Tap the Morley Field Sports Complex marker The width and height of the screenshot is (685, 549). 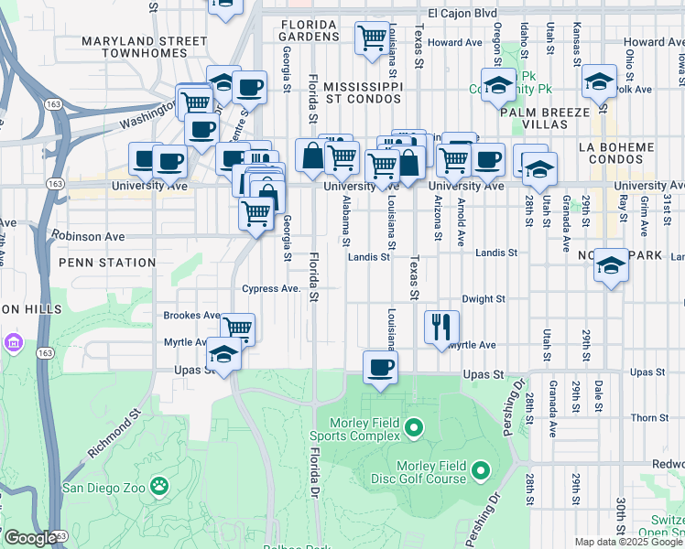(414, 427)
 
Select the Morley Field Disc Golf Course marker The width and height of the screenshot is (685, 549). (480, 471)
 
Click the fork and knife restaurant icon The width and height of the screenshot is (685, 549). (442, 326)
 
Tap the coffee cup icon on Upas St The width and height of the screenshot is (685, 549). (380, 367)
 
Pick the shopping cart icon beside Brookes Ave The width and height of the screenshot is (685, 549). (237, 328)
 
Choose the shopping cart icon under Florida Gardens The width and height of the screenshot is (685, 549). (372, 38)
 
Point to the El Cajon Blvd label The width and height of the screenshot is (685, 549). (462, 14)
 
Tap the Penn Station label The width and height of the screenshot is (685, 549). (107, 263)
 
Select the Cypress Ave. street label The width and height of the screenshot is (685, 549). (271, 289)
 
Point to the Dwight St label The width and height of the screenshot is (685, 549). (484, 299)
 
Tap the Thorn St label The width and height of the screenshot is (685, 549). (650, 418)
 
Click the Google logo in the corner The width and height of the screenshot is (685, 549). (30, 538)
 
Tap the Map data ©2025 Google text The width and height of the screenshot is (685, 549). (627, 542)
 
